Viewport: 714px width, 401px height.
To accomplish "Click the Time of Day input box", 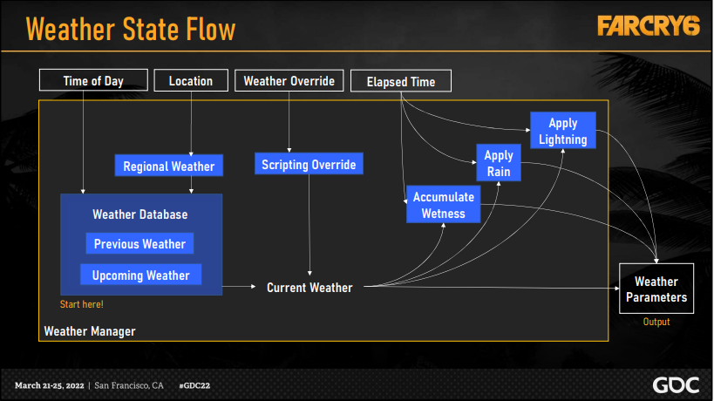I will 93,81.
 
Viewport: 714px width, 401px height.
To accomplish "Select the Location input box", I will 191,81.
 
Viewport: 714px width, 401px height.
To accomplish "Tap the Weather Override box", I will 289,81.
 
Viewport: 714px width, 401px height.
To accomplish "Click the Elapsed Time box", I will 401,82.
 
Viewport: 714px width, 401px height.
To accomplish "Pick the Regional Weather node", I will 168,166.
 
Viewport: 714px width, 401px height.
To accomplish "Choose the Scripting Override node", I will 309,165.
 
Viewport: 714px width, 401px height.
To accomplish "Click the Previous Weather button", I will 140,244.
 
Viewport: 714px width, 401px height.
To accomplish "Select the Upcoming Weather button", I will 141,275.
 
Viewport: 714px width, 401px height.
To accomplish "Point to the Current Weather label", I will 309,287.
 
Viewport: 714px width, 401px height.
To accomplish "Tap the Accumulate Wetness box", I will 444,205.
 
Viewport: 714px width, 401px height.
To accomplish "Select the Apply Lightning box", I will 563,132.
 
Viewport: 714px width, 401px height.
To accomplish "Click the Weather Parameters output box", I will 656,289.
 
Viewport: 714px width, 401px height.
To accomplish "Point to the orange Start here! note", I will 81,304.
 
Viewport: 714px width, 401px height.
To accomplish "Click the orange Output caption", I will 656,322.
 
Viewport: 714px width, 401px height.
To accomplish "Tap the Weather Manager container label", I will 90,331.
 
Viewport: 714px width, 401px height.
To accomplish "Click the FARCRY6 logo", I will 649,26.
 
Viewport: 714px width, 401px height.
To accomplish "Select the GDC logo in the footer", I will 675,384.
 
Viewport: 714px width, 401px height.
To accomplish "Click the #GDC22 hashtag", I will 196,384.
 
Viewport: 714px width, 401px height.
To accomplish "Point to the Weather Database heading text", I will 139,214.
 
